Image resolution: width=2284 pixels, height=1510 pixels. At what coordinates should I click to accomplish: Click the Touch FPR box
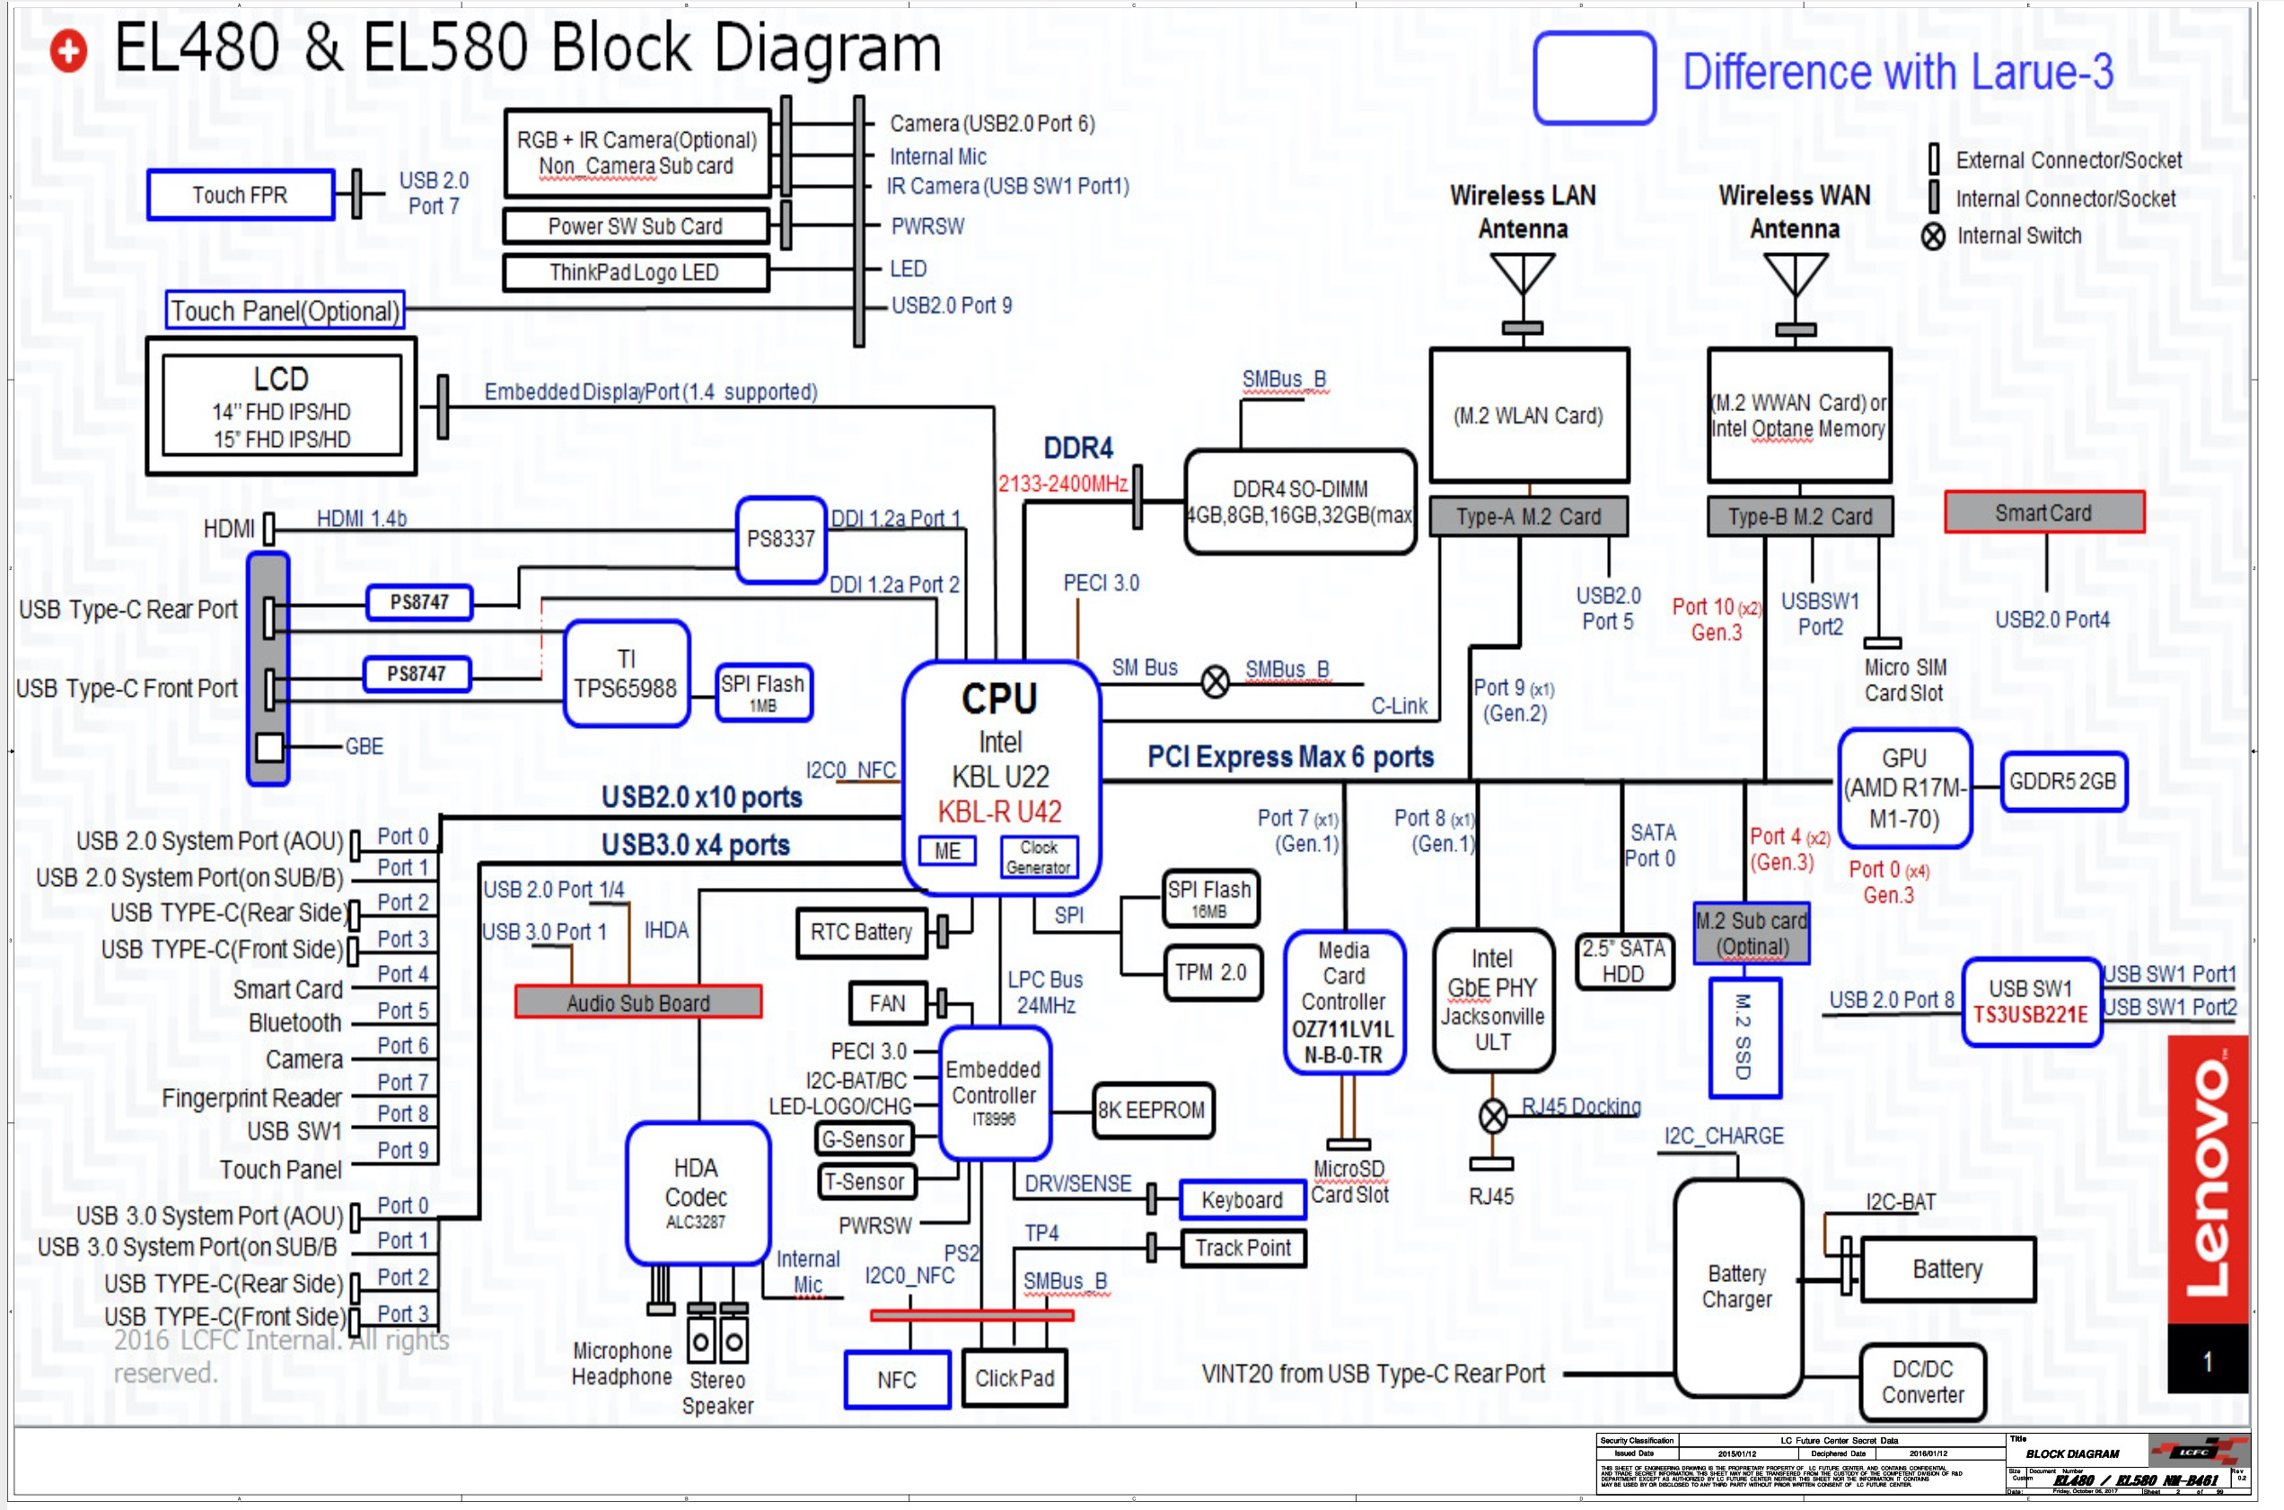[x=240, y=195]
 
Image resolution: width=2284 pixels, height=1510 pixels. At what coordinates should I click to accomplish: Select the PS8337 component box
[x=780, y=539]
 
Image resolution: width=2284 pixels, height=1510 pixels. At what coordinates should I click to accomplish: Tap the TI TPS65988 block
[x=626, y=674]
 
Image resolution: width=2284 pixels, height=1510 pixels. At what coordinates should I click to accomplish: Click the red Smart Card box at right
[x=2043, y=513]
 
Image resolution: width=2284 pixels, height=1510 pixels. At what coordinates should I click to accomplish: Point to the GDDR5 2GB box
[x=2061, y=781]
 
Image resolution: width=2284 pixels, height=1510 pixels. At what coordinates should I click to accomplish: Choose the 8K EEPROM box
[x=1152, y=1111]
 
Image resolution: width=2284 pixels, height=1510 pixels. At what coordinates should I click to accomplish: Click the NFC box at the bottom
[x=897, y=1379]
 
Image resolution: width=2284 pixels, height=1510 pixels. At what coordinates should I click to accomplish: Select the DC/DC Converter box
[x=1922, y=1382]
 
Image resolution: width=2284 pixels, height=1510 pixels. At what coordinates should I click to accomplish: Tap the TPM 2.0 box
[x=1210, y=972]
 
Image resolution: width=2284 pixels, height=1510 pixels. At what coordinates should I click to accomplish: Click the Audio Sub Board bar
[x=637, y=1003]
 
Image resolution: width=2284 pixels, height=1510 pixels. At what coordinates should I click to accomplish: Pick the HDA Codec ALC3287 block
[x=696, y=1194]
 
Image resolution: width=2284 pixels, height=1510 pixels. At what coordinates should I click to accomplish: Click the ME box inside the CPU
[x=946, y=850]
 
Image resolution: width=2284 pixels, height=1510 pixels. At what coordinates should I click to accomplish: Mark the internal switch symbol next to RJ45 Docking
[x=1492, y=1116]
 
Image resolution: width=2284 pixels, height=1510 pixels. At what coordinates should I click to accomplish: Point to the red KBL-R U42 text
[x=999, y=811]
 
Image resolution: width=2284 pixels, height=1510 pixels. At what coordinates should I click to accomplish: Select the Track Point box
[x=1243, y=1248]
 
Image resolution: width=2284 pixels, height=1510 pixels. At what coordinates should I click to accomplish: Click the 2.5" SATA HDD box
[x=1623, y=961]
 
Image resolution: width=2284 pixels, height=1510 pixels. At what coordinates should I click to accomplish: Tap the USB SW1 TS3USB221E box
[x=2030, y=1002]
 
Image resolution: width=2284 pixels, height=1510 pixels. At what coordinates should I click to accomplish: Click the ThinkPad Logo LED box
[x=635, y=273]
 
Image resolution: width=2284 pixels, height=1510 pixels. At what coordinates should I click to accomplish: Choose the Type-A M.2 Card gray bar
[x=1528, y=517]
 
